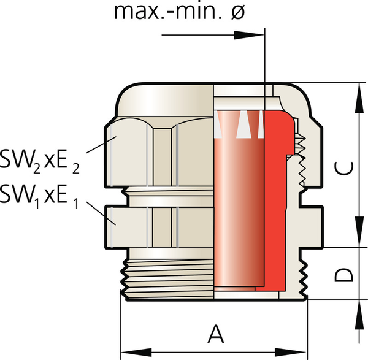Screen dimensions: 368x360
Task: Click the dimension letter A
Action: tap(216, 334)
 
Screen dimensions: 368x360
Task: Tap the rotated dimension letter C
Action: tap(344, 169)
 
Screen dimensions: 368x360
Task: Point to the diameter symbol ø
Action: tap(237, 12)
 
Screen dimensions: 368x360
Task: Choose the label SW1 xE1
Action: tap(39, 197)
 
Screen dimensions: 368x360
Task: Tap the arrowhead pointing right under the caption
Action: tap(249, 35)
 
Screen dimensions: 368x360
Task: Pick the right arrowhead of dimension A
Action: tap(291, 353)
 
